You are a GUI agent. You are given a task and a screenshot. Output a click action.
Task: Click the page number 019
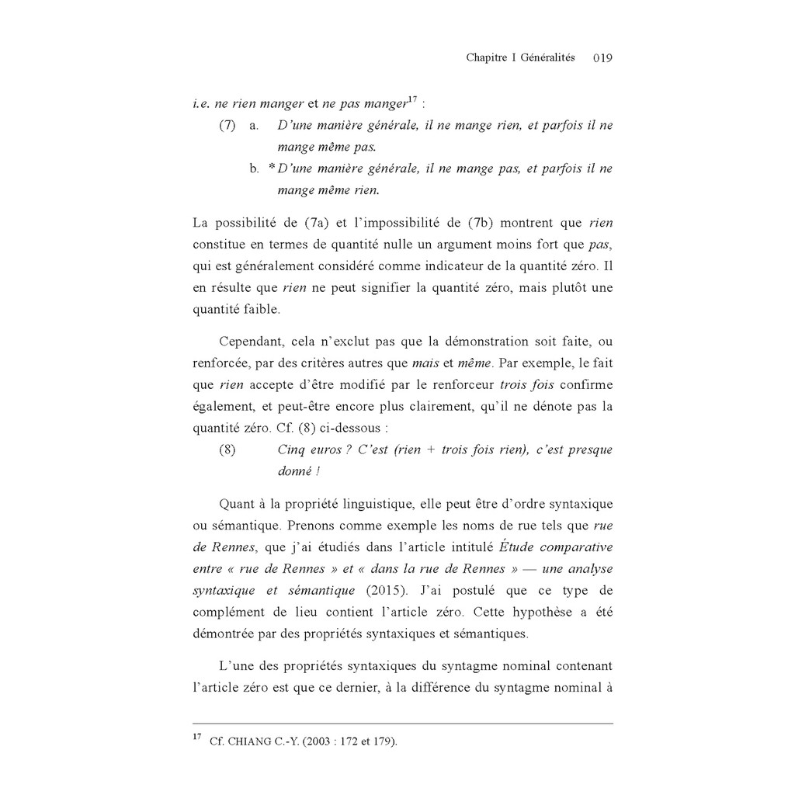(x=602, y=58)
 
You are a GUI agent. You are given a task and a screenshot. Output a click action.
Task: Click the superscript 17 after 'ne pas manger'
(x=412, y=99)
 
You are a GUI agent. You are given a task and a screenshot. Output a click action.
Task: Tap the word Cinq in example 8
(x=290, y=450)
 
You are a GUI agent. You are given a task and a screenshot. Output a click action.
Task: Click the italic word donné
(x=293, y=471)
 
